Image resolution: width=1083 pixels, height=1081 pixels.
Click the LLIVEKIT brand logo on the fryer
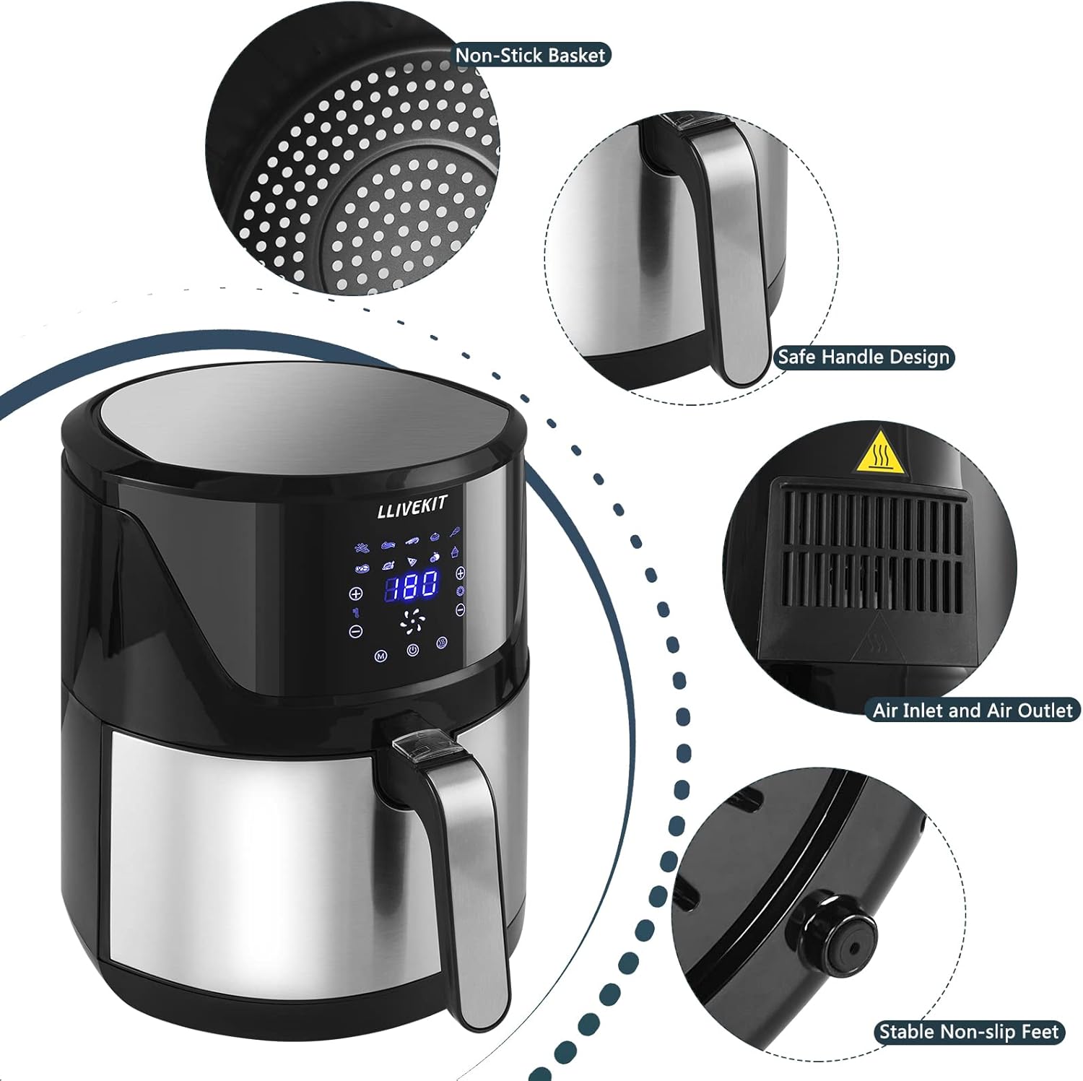click(x=412, y=507)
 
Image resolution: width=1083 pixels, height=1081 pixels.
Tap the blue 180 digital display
click(x=411, y=586)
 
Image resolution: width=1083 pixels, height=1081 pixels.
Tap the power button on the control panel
click(x=412, y=650)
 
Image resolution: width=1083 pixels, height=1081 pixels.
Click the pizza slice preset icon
click(x=412, y=561)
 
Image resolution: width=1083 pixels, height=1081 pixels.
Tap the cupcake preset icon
click(x=455, y=552)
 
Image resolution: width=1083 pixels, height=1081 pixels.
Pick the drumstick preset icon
click(x=455, y=533)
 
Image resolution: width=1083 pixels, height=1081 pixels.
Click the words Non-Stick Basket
click(x=531, y=56)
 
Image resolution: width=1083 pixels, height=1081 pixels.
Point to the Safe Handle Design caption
click(x=864, y=357)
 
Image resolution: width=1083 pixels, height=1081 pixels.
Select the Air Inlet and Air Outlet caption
click(x=973, y=711)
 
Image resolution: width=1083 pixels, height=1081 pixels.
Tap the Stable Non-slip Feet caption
click(x=969, y=1032)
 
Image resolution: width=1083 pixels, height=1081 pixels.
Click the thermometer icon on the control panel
click(x=355, y=612)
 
